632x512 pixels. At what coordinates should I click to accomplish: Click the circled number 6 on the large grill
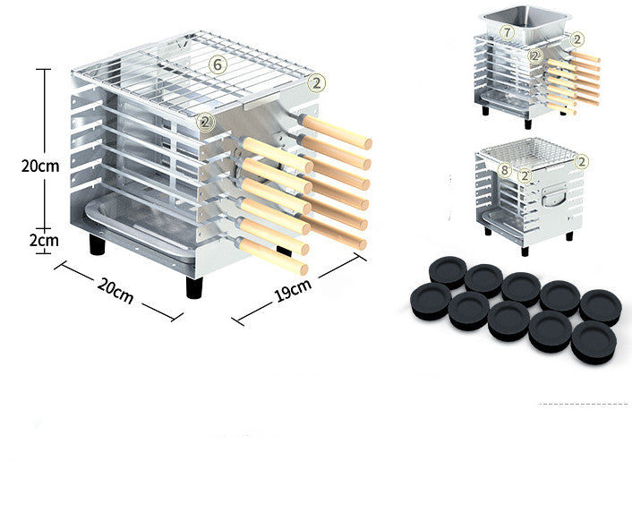216,64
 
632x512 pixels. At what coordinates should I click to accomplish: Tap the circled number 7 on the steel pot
508,32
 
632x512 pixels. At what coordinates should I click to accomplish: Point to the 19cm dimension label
293,289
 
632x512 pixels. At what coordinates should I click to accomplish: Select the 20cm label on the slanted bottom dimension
115,290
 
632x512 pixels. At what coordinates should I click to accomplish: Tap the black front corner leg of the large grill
194,286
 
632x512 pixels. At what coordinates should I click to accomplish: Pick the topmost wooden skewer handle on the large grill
336,132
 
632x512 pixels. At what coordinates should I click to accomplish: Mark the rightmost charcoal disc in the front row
594,342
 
